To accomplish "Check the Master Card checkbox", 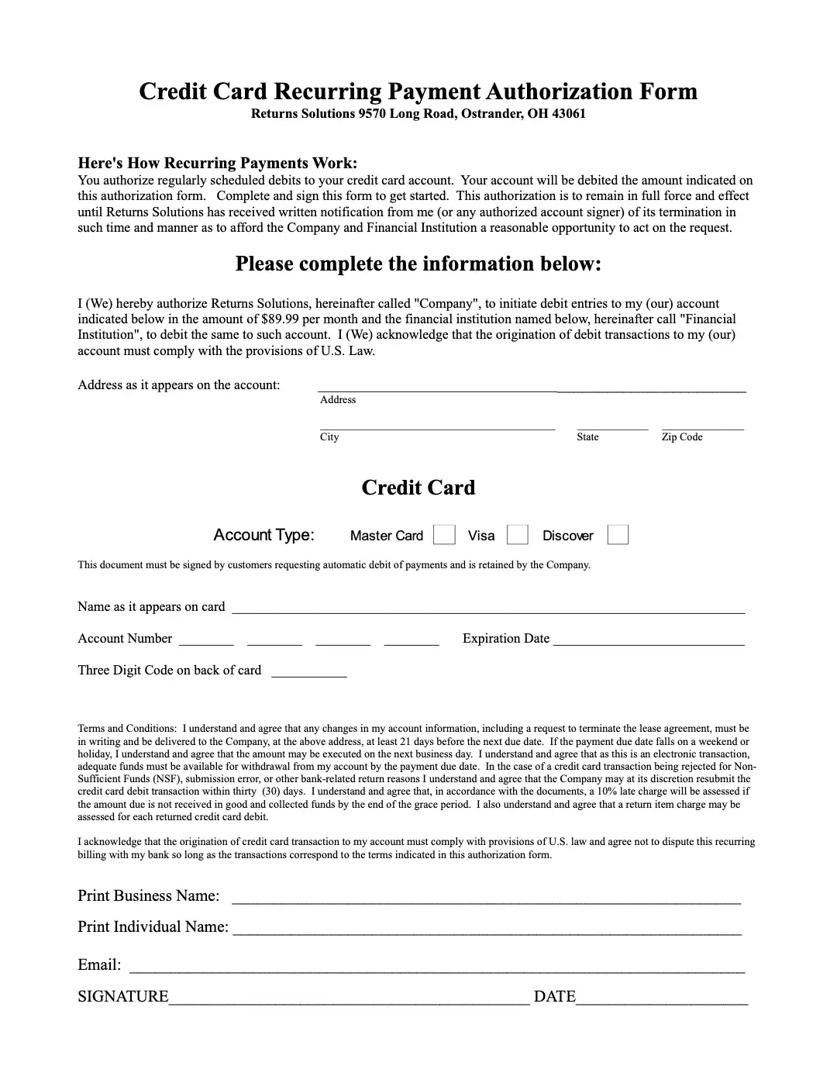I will tap(444, 535).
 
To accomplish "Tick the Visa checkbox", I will tap(517, 535).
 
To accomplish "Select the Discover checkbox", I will tap(618, 535).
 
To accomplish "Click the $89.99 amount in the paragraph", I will tap(275, 319).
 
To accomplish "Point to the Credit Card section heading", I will tap(418, 488).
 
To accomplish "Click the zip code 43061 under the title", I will tap(568, 114).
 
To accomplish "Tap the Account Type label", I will tap(263, 535).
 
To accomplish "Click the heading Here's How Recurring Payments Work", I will tap(218, 163).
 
